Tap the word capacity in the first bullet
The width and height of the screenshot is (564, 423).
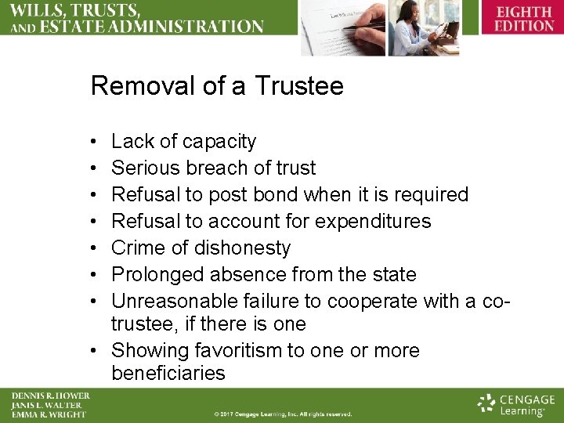[219, 141]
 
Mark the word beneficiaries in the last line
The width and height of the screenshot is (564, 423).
[168, 374]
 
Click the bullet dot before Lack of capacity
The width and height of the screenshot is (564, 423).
[93, 142]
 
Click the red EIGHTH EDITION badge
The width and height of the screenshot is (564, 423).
[523, 19]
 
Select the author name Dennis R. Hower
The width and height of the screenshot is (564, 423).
[50, 396]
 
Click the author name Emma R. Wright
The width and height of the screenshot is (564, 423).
[48, 414]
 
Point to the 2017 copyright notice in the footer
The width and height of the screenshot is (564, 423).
[284, 414]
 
